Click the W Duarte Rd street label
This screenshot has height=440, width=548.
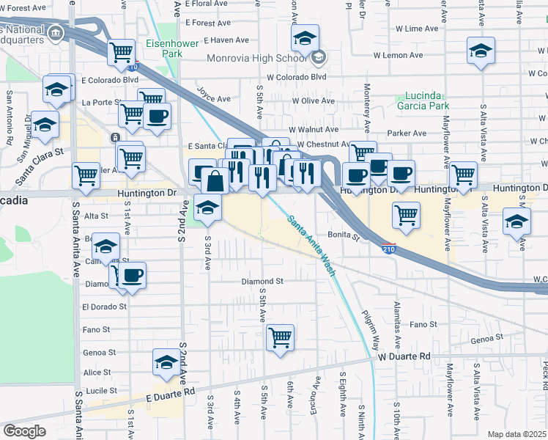[x=404, y=356]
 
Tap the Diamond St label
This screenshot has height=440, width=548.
[x=263, y=281]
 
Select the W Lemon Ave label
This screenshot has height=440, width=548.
[x=398, y=55]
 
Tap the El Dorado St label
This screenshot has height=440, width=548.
[x=105, y=307]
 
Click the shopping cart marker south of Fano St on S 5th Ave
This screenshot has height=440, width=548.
[x=281, y=338]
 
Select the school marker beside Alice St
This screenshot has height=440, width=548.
[x=166, y=362]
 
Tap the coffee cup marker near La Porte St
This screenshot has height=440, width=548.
[x=157, y=115]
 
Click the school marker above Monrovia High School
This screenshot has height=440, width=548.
[x=305, y=37]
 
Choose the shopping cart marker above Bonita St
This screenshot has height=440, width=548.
[x=406, y=215]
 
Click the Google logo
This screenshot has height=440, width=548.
[x=25, y=431]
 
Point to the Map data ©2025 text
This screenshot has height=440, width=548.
[x=516, y=434]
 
